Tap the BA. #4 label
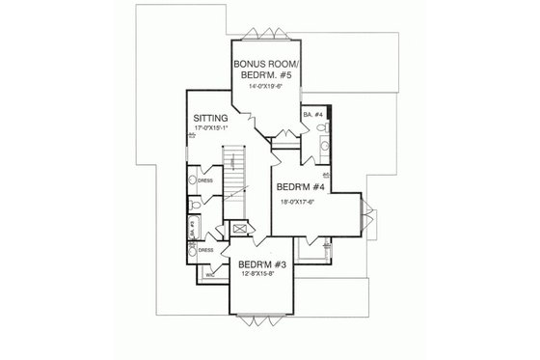click(x=311, y=115)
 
